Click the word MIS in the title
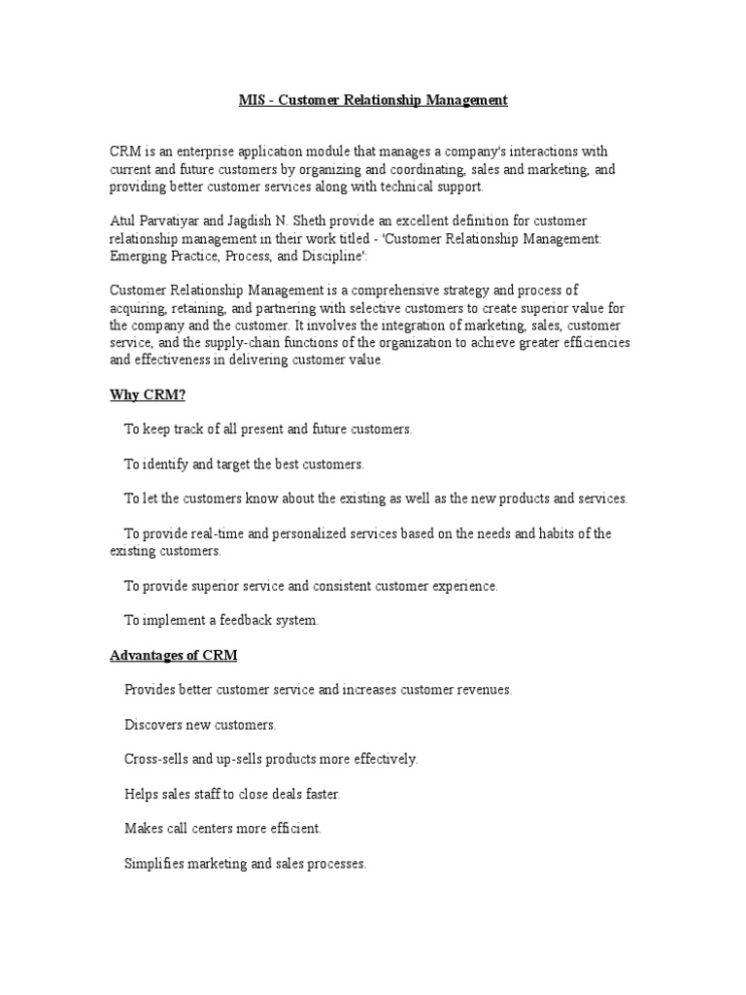252,100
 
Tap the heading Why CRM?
144,395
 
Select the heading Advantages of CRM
173,656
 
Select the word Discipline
370,257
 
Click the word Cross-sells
157,759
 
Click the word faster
322,794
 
